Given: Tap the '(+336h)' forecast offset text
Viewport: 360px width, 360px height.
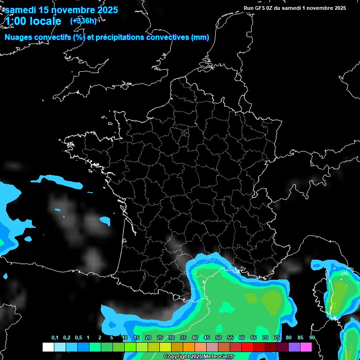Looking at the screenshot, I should [83, 21].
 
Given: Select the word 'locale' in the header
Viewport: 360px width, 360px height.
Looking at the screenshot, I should [45, 21].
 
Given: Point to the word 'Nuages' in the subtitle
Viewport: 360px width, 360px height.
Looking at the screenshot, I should [19, 37].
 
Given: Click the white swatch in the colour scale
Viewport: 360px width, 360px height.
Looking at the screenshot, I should [48, 347].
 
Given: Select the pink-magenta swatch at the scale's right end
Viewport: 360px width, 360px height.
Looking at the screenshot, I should [306, 347].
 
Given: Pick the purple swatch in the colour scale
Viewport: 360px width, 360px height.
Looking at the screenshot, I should [294, 347].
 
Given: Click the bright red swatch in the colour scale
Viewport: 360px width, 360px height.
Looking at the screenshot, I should [247, 347].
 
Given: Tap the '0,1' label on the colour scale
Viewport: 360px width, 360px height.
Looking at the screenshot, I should [55, 338].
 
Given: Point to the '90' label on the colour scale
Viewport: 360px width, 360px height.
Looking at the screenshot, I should [312, 338].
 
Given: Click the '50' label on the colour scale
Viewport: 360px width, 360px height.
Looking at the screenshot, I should [218, 338].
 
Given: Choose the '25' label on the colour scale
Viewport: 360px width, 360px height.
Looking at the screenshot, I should [160, 338].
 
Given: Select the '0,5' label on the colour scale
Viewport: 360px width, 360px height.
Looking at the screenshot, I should [78, 338].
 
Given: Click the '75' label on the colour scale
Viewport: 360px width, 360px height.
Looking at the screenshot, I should [277, 338].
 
